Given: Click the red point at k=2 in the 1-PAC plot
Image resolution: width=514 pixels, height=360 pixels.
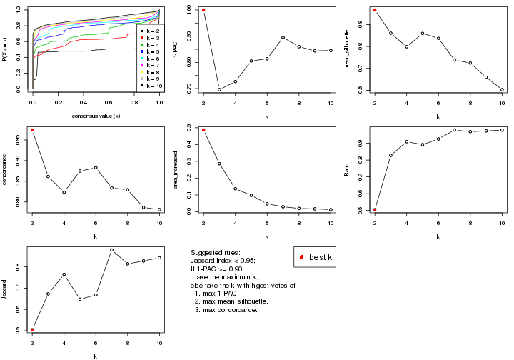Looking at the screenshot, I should pyautogui.click(x=203, y=10).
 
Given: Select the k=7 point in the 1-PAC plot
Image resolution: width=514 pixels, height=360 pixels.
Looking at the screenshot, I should pyautogui.click(x=283, y=37).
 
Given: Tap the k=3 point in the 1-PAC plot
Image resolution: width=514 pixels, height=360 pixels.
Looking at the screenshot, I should pyautogui.click(x=219, y=90).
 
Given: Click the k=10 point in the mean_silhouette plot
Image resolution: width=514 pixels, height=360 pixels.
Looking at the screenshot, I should pyautogui.click(x=502, y=90).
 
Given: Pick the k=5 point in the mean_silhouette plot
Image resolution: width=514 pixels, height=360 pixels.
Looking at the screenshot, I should pyautogui.click(x=423, y=34).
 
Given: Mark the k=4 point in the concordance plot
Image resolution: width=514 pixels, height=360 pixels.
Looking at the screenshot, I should pyautogui.click(x=64, y=192).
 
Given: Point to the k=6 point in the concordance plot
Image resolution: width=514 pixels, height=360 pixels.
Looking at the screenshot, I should pyautogui.click(x=96, y=168).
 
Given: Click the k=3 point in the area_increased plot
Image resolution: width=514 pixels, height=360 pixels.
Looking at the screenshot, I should pyautogui.click(x=219, y=164).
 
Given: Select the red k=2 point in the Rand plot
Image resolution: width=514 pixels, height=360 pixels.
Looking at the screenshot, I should pyautogui.click(x=375, y=209).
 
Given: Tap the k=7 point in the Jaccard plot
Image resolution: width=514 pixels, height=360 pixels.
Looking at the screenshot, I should pyautogui.click(x=112, y=250).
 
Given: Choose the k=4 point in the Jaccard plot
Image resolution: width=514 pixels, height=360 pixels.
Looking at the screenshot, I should pyautogui.click(x=64, y=274).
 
